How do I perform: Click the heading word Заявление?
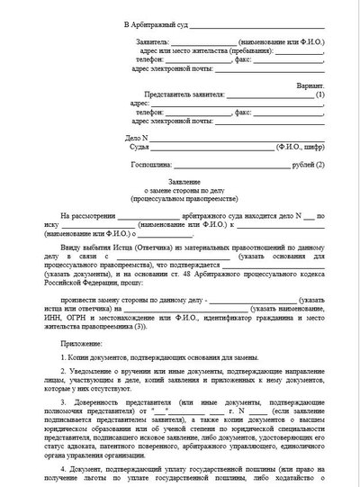tap(180, 179)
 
